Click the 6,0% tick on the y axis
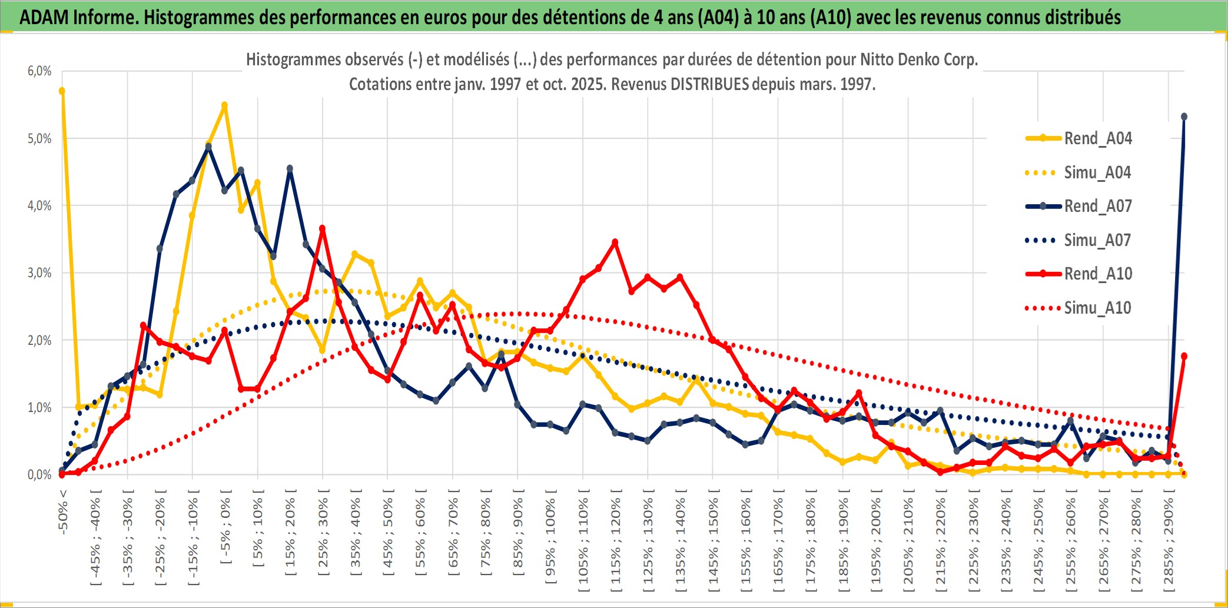point(39,71)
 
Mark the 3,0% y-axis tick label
point(39,273)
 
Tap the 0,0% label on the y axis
point(39,474)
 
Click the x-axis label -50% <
point(63,512)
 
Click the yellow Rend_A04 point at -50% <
point(62,91)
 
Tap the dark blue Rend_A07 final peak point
point(1184,117)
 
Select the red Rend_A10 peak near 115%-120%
point(615,242)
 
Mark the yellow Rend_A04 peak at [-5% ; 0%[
point(224,105)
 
